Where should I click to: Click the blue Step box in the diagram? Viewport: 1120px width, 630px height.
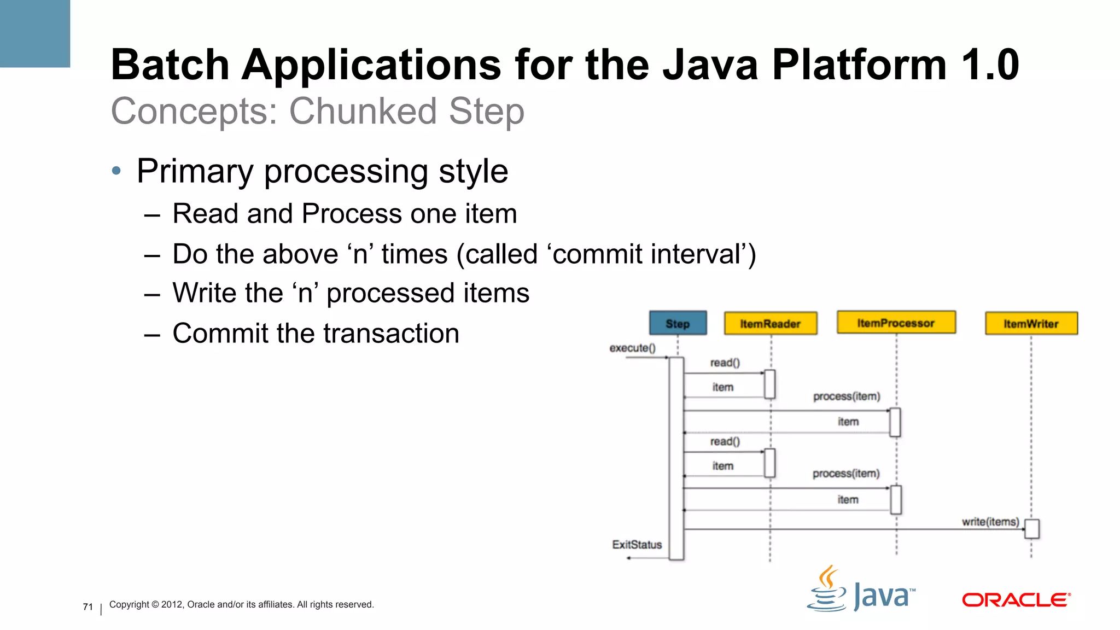(678, 323)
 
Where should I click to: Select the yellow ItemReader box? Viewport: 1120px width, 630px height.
(770, 324)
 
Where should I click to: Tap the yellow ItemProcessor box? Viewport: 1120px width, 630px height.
(896, 323)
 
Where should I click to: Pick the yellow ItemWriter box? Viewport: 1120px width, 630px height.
(1031, 324)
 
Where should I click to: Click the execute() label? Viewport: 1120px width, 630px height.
(632, 348)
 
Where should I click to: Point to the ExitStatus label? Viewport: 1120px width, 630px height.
(637, 545)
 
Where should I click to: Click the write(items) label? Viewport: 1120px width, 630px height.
(990, 522)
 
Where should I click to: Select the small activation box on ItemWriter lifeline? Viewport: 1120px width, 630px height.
(1031, 529)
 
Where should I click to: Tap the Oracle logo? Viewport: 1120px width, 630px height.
(1016, 600)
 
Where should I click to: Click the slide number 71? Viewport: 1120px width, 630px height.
(88, 606)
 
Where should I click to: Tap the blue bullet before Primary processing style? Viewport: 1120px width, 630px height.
(116, 171)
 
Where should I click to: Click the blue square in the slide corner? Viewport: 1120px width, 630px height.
(34, 33)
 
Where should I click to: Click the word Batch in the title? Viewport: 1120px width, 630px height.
(170, 65)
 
